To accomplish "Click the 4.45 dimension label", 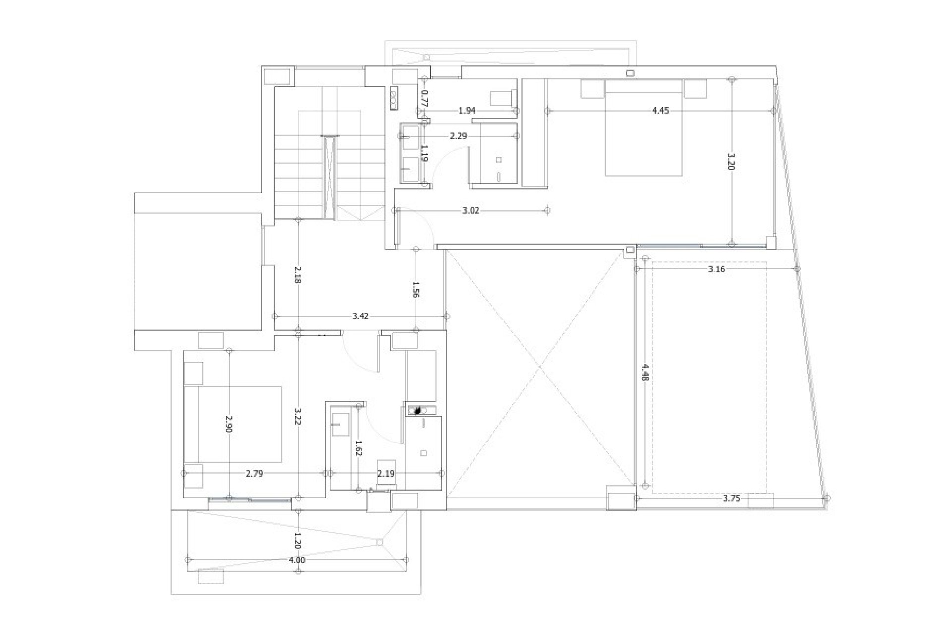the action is click(660, 111).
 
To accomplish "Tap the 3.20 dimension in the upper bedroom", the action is click(732, 162).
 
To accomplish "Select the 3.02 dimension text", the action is click(471, 210).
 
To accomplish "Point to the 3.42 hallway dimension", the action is click(360, 316).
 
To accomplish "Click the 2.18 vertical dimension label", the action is click(297, 274).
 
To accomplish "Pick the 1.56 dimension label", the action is click(416, 288).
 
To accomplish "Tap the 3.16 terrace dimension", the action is click(716, 269).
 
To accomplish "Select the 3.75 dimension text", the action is click(731, 498).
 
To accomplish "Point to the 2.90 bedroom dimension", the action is click(229, 424).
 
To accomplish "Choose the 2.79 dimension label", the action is click(254, 474).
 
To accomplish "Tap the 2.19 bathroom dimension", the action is click(386, 474).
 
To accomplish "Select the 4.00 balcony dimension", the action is click(297, 560).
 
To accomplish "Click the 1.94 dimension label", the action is click(467, 111).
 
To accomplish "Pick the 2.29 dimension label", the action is click(458, 135).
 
